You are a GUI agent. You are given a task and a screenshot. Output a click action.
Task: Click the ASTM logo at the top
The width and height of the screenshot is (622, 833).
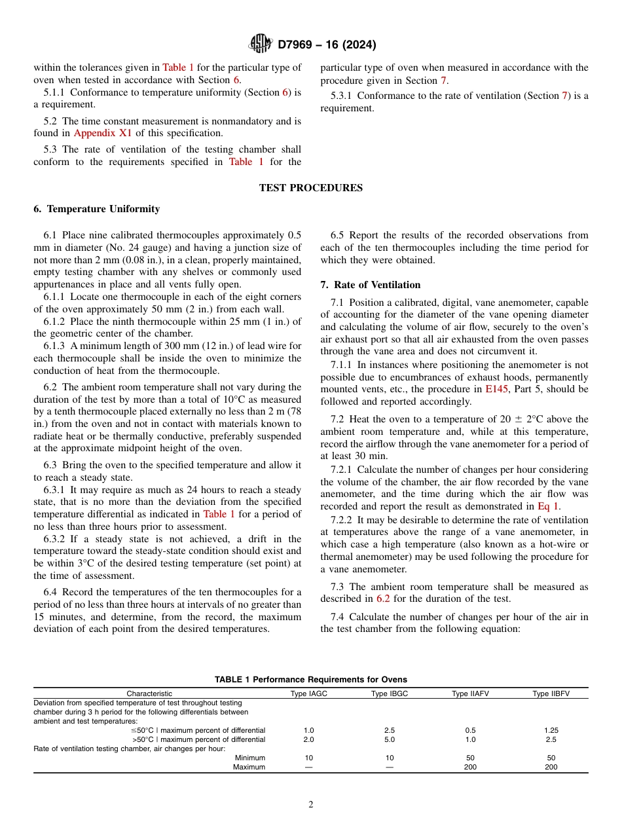coord(261,45)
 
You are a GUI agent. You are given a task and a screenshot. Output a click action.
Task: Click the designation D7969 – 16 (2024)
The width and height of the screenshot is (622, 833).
coord(327,45)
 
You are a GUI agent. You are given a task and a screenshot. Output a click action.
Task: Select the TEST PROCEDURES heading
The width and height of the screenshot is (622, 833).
coord(310,188)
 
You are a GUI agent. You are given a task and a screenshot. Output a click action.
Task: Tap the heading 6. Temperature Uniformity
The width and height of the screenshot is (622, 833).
coord(96,209)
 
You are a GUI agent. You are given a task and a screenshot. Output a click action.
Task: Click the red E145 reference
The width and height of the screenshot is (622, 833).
coord(496,389)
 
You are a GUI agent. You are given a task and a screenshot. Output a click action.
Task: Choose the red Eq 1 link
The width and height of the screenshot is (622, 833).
coord(548,506)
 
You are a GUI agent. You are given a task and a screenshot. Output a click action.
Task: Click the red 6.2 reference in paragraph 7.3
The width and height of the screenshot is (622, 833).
coord(383,599)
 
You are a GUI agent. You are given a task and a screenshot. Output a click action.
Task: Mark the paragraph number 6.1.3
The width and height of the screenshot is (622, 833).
coord(55,346)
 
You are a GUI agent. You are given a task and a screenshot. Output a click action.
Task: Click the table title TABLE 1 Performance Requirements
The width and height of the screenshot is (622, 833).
coord(310,680)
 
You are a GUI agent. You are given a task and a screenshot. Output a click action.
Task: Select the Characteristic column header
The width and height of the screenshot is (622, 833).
coord(149,694)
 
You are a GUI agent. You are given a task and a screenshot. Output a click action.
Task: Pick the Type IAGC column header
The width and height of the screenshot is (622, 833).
coord(309,694)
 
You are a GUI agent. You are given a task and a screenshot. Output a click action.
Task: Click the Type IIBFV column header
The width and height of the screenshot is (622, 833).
coord(551,694)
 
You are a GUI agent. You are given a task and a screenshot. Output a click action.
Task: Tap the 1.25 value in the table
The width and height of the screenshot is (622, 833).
coord(551,730)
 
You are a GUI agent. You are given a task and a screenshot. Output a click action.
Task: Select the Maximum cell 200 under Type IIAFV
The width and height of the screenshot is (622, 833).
coord(470,767)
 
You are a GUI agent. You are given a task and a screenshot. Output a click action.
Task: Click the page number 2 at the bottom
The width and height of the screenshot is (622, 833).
coord(311,805)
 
